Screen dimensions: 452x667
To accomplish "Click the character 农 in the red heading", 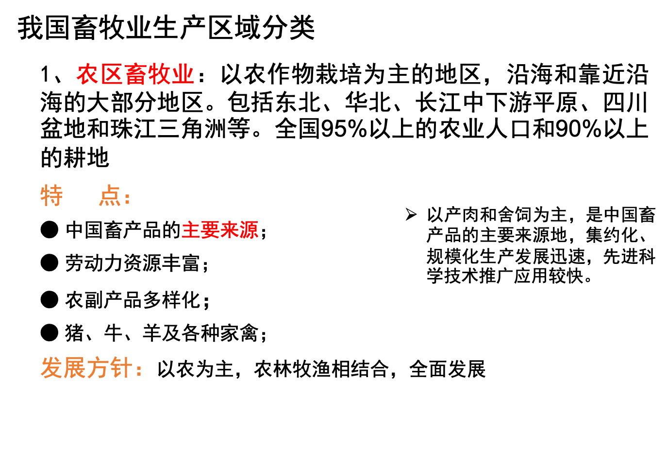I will click(88, 74).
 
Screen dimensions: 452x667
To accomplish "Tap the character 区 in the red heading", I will click(112, 74).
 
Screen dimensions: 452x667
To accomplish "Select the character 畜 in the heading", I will click(135, 74).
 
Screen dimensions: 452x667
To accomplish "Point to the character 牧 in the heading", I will click(159, 74).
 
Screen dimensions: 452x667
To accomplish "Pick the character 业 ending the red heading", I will click(183, 74).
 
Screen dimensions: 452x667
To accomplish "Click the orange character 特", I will click(52, 196).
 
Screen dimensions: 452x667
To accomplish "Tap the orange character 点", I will click(110, 196).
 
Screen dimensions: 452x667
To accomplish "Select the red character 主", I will click(191, 230).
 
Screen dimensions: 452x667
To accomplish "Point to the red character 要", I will click(210, 230).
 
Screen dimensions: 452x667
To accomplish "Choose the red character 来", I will click(229, 230).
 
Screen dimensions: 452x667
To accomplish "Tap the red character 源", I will click(249, 230).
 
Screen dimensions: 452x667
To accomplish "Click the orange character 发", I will click(52, 367).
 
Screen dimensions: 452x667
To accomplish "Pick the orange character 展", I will click(75, 367).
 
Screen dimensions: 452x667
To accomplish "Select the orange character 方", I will click(98, 367).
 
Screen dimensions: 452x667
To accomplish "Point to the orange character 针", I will click(121, 367).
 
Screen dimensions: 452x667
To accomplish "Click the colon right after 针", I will click(139, 370).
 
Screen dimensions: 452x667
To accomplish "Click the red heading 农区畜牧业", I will click(135, 74).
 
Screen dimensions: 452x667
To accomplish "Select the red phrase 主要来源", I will click(220, 230).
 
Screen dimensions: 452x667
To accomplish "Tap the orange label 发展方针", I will click(86, 367).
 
